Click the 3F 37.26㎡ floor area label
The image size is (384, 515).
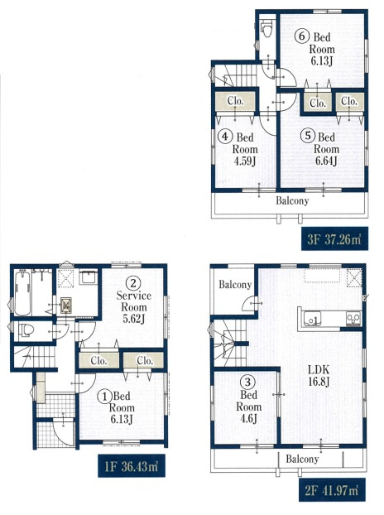pos(334,238)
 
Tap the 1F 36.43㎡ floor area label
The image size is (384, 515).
pos(132,465)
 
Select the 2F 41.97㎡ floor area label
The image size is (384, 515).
pos(332,490)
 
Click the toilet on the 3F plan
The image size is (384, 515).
pos(267,26)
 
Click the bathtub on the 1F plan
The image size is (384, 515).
pos(23,292)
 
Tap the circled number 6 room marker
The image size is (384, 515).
pos(301,36)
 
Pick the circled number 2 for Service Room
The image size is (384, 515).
pos(133,283)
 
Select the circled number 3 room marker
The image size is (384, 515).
pos(248,383)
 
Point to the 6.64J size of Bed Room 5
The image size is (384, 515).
pos(326,161)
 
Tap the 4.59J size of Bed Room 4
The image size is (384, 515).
pos(244,161)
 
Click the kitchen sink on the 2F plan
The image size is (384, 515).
pos(313,319)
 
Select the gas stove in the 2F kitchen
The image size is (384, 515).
pos(354,319)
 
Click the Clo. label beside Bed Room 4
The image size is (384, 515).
pos(235,101)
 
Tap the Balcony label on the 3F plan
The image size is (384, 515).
pos(292,200)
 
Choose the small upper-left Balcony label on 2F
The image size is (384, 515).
pos(235,285)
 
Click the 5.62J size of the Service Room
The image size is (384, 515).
pos(133,319)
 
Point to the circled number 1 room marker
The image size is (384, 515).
pos(105,397)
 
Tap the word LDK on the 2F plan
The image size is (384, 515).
pos(319,370)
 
